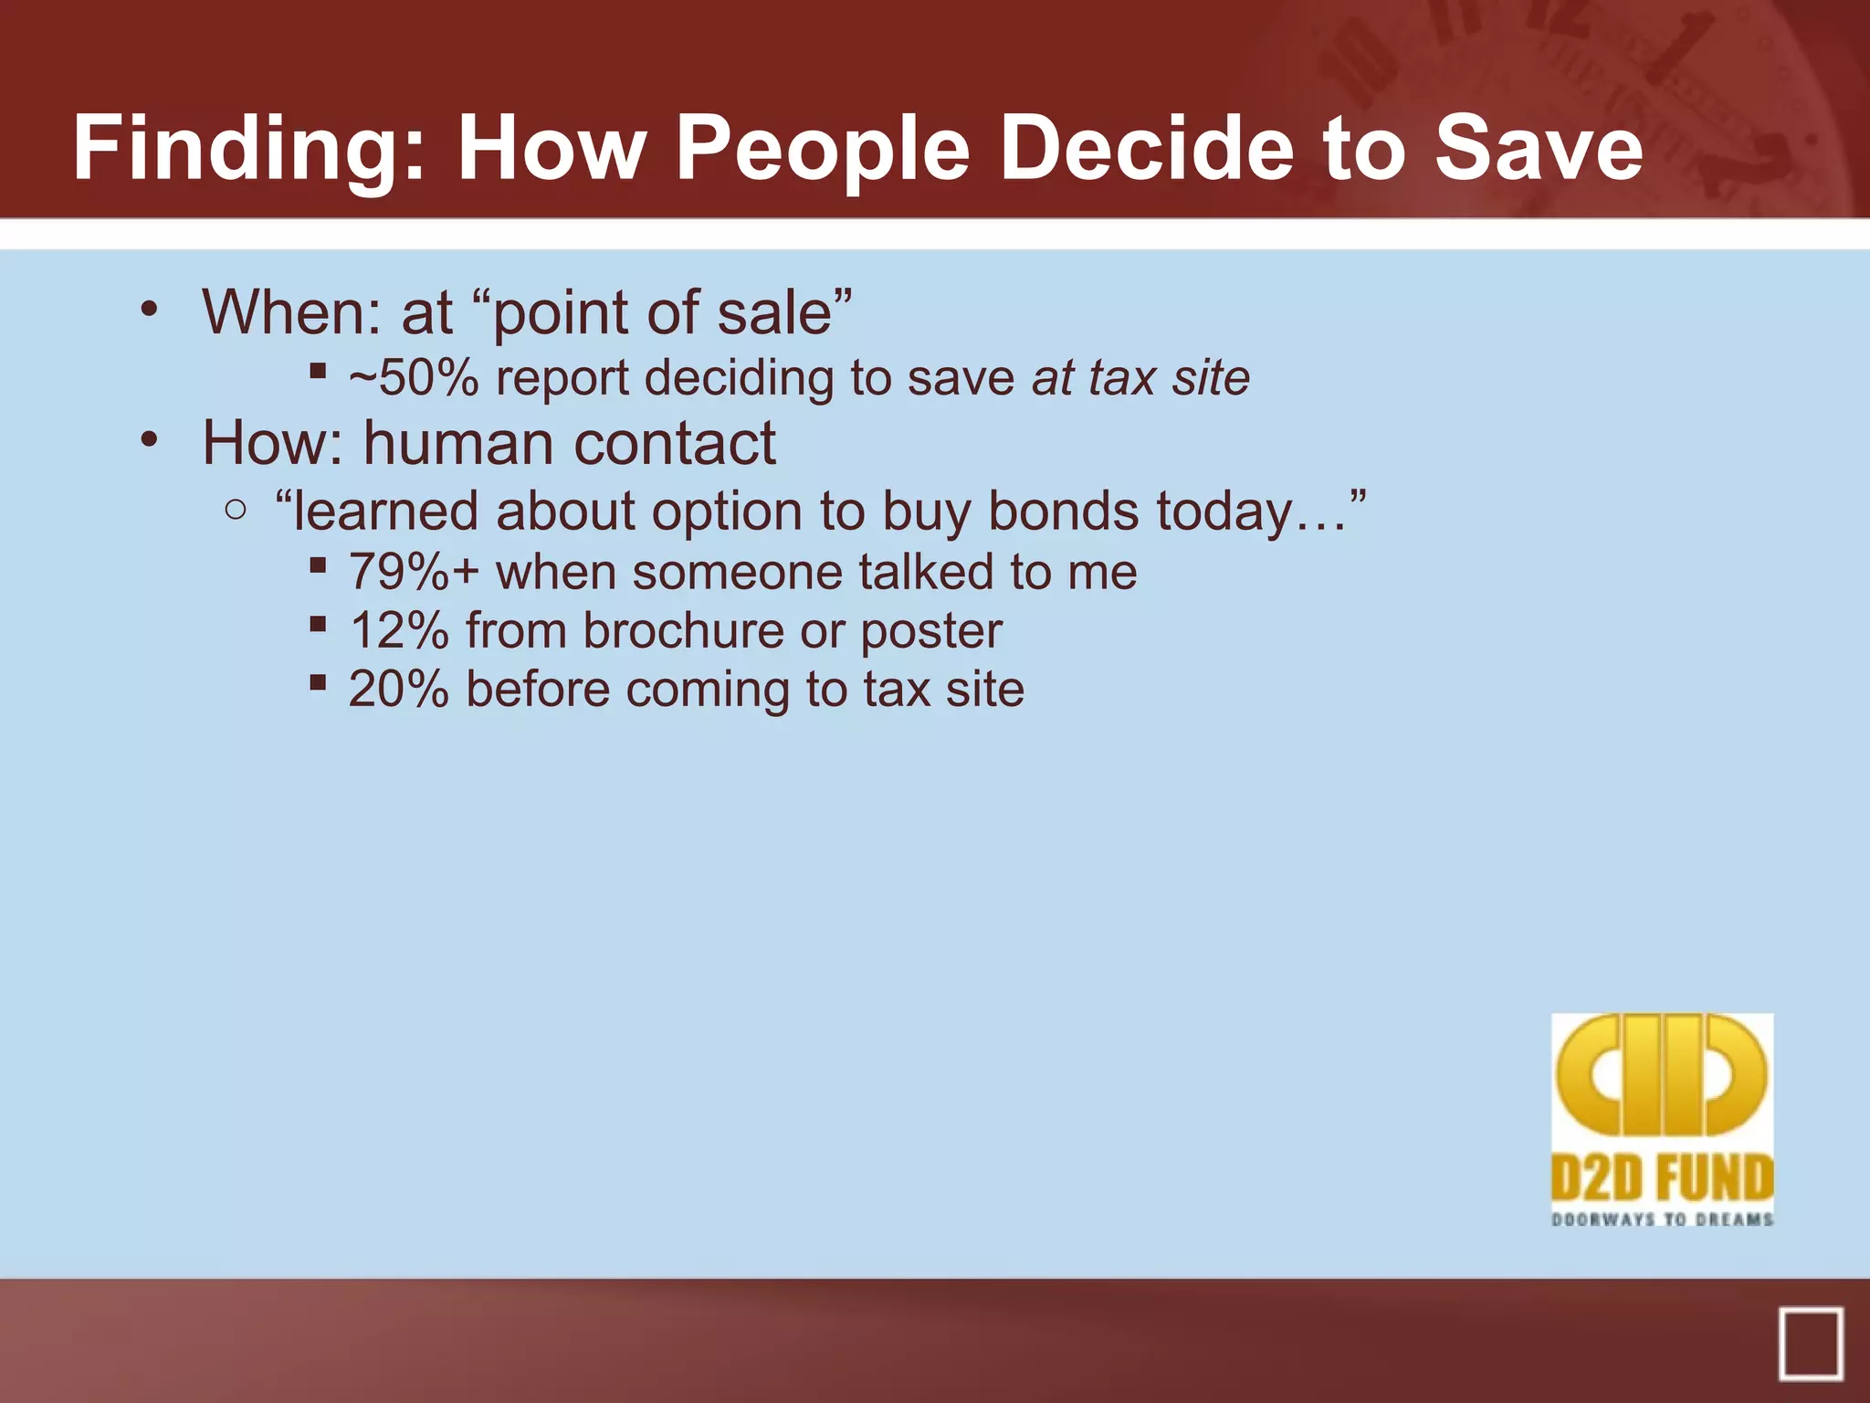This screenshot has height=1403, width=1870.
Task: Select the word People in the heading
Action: coord(822,150)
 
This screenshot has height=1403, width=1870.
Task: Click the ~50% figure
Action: coord(414,378)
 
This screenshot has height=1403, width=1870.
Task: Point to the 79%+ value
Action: coord(414,573)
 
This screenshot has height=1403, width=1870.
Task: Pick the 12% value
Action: coord(399,631)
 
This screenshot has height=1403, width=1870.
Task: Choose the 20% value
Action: coord(399,690)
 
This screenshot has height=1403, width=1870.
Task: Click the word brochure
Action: coord(683,631)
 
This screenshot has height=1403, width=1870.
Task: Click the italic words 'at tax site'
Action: coord(1140,378)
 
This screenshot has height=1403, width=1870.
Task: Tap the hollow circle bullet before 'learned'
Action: coord(236,511)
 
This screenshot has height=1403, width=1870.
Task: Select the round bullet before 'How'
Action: coord(150,440)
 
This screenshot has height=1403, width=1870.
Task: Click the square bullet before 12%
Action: coord(318,626)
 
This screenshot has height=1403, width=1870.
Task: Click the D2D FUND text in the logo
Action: coord(1662,1178)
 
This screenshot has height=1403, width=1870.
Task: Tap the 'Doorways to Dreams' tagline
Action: coord(1662,1219)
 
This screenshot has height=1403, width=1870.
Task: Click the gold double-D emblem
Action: coord(1662,1076)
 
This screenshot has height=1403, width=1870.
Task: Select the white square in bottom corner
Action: coord(1810,1343)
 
